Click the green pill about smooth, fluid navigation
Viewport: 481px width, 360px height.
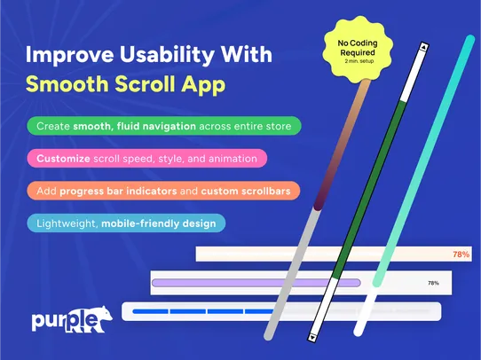click(163, 126)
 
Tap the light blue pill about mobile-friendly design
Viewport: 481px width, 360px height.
click(126, 223)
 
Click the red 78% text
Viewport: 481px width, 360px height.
click(461, 254)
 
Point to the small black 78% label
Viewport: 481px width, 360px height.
click(433, 284)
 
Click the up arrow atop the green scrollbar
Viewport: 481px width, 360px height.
click(424, 48)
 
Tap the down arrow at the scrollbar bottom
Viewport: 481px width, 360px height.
click(311, 337)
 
